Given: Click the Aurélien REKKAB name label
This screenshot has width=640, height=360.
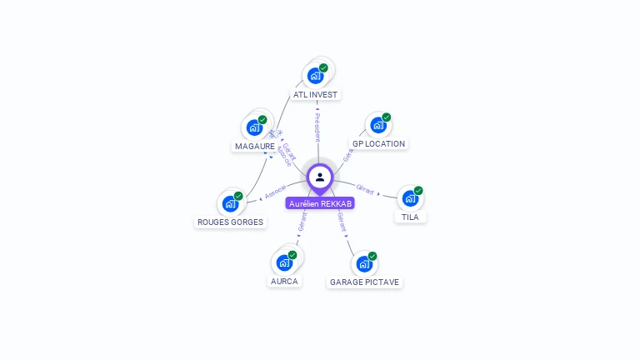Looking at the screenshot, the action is (x=320, y=203).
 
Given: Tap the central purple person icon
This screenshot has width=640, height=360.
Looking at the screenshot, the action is (x=320, y=177).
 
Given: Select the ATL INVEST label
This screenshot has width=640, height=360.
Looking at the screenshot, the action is (x=315, y=95).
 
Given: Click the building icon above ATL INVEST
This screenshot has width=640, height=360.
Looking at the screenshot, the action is (x=315, y=76).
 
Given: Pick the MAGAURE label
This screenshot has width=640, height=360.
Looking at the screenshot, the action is (x=255, y=147).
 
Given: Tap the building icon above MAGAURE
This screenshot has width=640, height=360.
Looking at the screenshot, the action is (x=254, y=127).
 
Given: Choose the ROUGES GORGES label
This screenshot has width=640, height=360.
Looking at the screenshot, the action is (x=230, y=222).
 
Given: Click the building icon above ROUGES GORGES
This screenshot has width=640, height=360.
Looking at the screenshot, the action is (x=230, y=203).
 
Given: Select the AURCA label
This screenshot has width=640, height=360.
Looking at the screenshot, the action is (x=284, y=282).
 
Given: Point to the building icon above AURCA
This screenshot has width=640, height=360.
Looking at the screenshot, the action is (x=284, y=262).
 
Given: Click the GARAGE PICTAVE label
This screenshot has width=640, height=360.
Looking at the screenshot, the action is (x=364, y=282).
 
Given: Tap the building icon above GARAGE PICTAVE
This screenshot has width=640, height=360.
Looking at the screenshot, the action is (x=364, y=264).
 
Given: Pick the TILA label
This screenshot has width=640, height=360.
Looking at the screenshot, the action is (x=410, y=217).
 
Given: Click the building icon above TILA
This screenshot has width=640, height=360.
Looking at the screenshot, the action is (x=409, y=198).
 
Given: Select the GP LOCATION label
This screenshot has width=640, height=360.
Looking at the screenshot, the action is (x=378, y=144).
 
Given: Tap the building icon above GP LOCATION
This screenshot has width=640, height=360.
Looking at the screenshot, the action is (x=378, y=126).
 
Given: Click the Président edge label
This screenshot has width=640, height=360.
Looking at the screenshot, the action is (x=317, y=127).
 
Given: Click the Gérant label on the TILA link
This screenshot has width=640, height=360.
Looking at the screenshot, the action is (x=364, y=187).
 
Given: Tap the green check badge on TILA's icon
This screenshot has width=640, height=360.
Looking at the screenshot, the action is (x=418, y=191).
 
